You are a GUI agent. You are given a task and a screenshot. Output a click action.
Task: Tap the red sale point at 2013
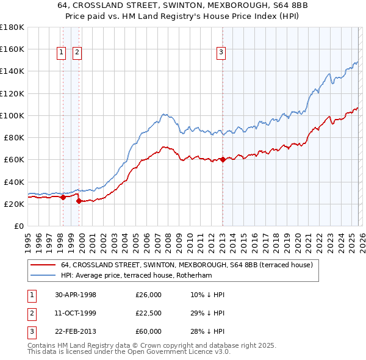[x=223, y=160]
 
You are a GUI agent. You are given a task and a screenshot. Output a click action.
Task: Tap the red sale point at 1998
[x=63, y=197]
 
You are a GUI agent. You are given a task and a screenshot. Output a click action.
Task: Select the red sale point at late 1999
[x=79, y=201]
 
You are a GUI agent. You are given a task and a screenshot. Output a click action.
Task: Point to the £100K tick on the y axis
[x=12, y=115]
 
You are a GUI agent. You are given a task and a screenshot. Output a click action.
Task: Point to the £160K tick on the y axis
[x=12, y=49]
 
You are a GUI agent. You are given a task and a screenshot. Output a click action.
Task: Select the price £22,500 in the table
[x=149, y=313]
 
